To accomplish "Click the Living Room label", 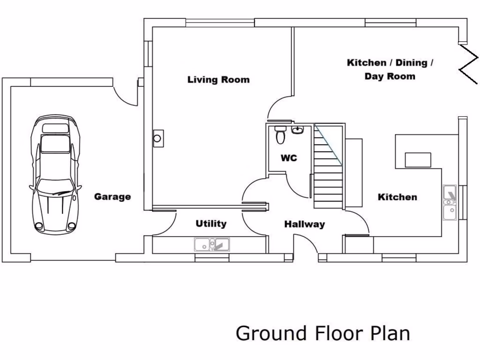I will click(x=218, y=80).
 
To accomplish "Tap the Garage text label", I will click(x=112, y=197).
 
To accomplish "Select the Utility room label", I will click(x=211, y=224).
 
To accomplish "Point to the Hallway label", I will click(x=304, y=225).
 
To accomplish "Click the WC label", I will click(x=289, y=158).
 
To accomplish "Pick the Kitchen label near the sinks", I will click(x=397, y=197).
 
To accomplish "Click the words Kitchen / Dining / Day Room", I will click(x=390, y=69).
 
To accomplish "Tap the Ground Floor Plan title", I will click(x=322, y=333).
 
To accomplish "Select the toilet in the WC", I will click(x=280, y=135).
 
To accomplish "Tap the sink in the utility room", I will click(x=211, y=244).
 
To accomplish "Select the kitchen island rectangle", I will click(x=418, y=160).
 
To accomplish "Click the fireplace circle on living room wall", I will click(x=158, y=138).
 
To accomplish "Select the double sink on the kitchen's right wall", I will click(x=450, y=202).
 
